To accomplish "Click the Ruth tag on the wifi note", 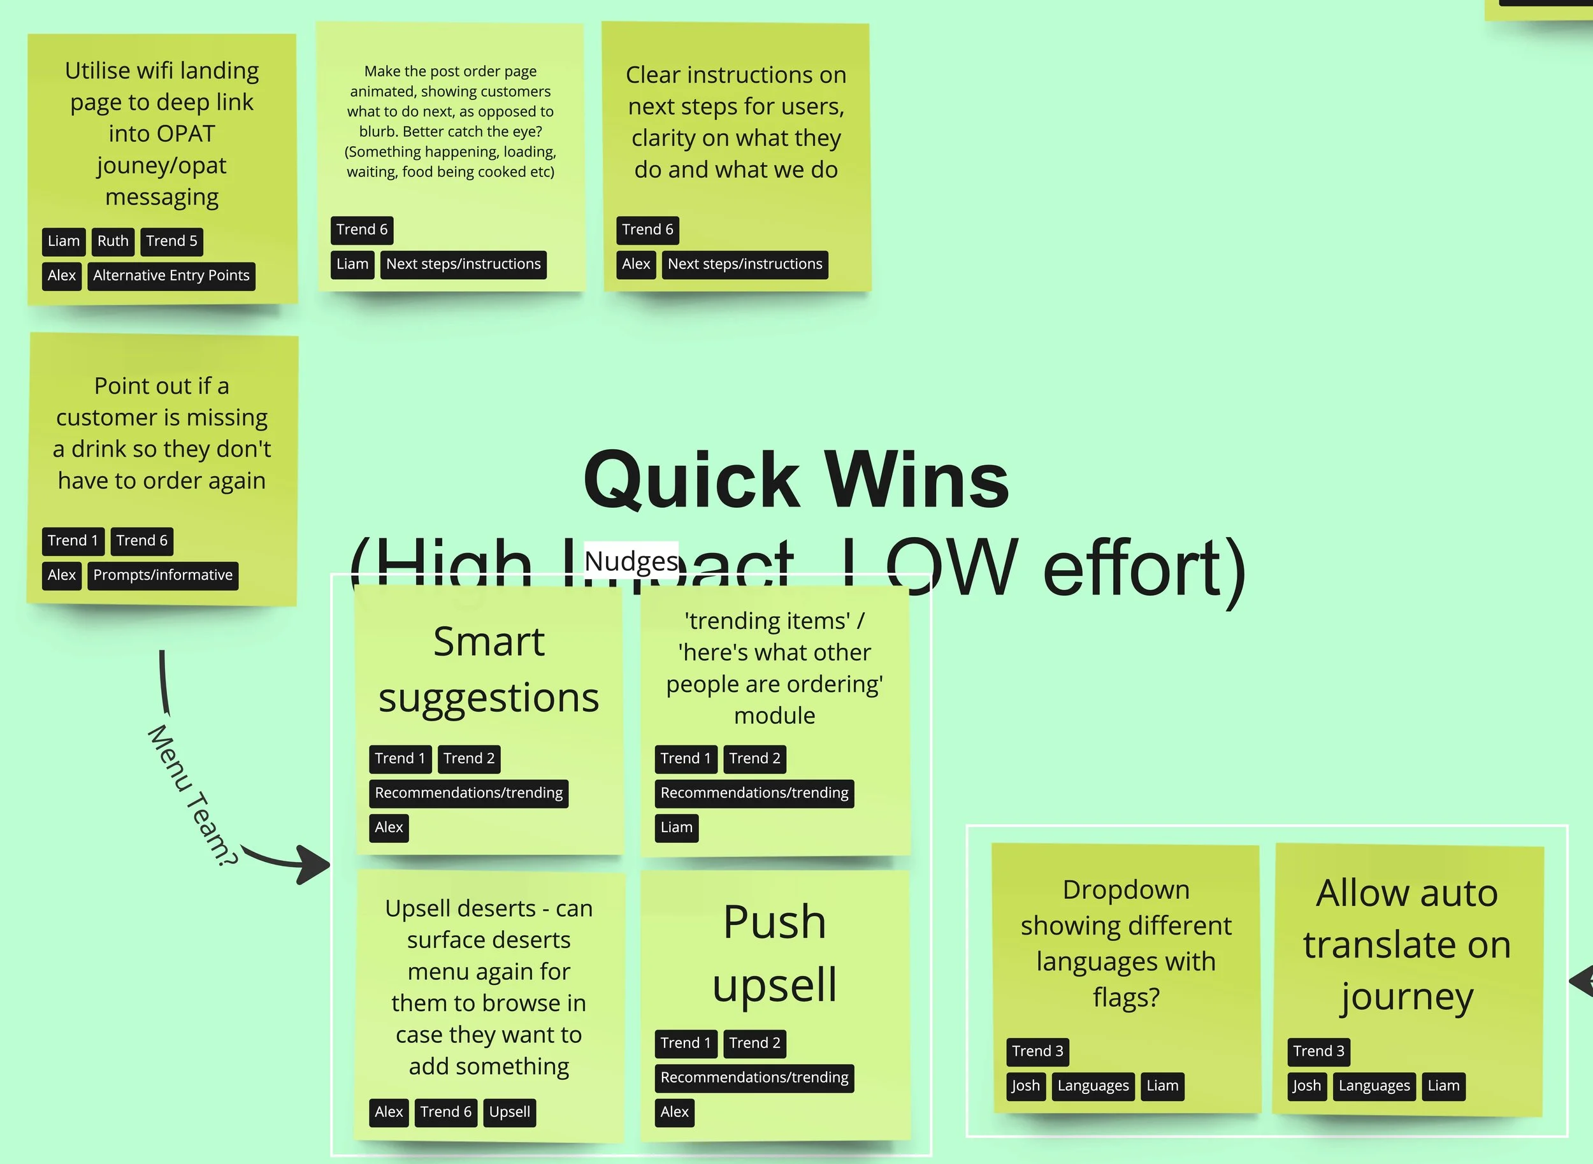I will pos(113,241).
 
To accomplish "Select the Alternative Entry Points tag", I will pos(171,275).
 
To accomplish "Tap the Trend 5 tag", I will pos(172,241).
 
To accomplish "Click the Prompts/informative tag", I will pos(162,575).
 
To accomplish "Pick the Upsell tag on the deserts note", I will pos(509,1112).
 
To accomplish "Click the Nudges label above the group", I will pos(631,561).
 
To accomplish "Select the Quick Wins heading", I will pos(796,480).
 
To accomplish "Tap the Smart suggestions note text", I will pos(489,670).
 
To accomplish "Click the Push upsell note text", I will pos(774,952).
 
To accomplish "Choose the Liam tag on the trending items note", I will pos(676,827).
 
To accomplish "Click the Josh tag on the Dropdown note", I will pos(1025,1086).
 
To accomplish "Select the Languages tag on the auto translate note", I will pos(1374,1086).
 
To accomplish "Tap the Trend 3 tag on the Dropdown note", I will pos(1037,1051).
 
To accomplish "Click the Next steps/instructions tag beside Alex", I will pos(745,264).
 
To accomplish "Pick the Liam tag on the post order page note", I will pos(352,264).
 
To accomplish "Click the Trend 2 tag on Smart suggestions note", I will pos(469,758).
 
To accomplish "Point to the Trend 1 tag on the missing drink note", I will pos(73,540).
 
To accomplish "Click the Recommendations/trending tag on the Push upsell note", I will pos(754,1077).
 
